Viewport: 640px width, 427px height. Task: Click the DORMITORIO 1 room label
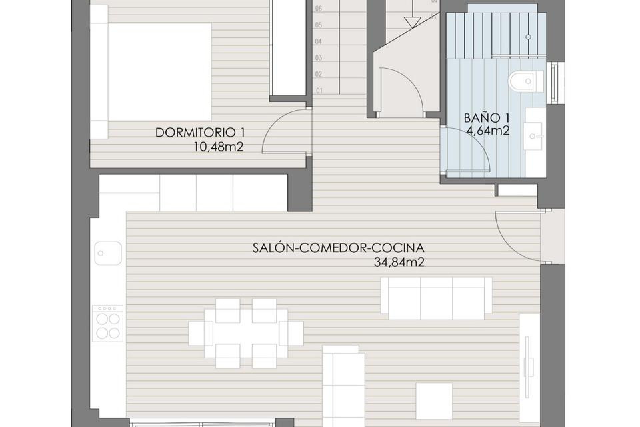pos(200,133)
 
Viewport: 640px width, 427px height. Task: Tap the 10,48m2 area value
pos(219,147)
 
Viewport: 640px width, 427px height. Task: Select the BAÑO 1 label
pos(487,118)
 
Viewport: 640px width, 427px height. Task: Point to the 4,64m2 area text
pos(488,131)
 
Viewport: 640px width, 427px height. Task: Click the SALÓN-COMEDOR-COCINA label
pos(338,248)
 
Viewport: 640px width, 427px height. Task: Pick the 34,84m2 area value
pos(399,263)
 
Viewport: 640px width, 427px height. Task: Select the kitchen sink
pos(108,253)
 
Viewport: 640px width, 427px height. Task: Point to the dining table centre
pos(246,333)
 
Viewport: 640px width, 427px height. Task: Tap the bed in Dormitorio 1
pos(159,72)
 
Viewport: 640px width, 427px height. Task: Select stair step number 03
pos(319,58)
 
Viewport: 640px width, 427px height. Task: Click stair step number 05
pos(319,25)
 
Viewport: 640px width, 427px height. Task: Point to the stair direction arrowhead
pos(412,23)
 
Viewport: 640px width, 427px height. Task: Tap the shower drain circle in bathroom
pos(528,37)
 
